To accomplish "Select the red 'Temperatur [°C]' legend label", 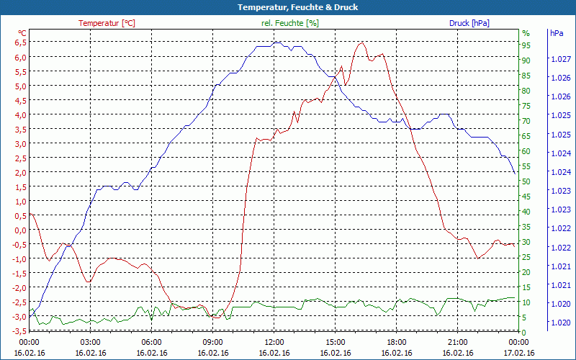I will (x=107, y=23).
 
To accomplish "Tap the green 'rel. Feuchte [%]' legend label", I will (x=290, y=23).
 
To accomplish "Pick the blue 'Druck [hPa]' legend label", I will (x=469, y=23).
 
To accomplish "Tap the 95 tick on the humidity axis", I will (x=526, y=45).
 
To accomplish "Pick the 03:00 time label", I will (x=90, y=342).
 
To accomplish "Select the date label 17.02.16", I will (x=518, y=353).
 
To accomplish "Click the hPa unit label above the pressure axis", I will (x=557, y=33).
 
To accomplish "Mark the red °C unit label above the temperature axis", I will (x=22, y=33).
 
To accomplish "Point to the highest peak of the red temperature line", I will (x=361, y=42).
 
